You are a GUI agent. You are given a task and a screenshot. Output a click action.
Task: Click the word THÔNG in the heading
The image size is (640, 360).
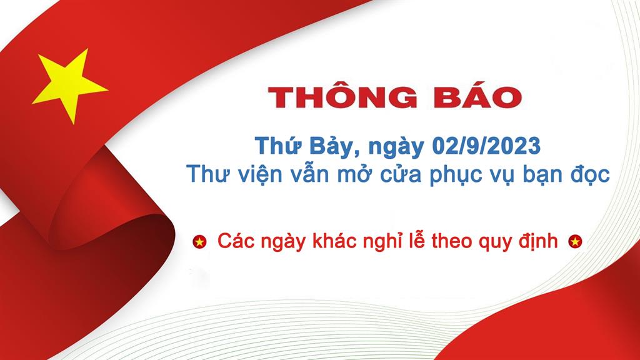tap(342, 96)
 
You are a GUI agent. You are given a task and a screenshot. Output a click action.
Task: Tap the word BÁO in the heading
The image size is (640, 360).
tap(477, 96)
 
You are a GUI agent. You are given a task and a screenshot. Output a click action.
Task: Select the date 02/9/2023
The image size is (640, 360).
tap(486, 146)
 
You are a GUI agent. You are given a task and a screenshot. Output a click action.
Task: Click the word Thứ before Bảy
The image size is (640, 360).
tap(279, 146)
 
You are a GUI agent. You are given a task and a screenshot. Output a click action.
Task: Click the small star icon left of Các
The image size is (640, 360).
tap(199, 242)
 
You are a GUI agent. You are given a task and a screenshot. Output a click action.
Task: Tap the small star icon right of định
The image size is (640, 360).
tap(575, 242)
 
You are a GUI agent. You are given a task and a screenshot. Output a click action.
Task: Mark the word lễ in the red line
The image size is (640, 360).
tap(417, 241)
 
